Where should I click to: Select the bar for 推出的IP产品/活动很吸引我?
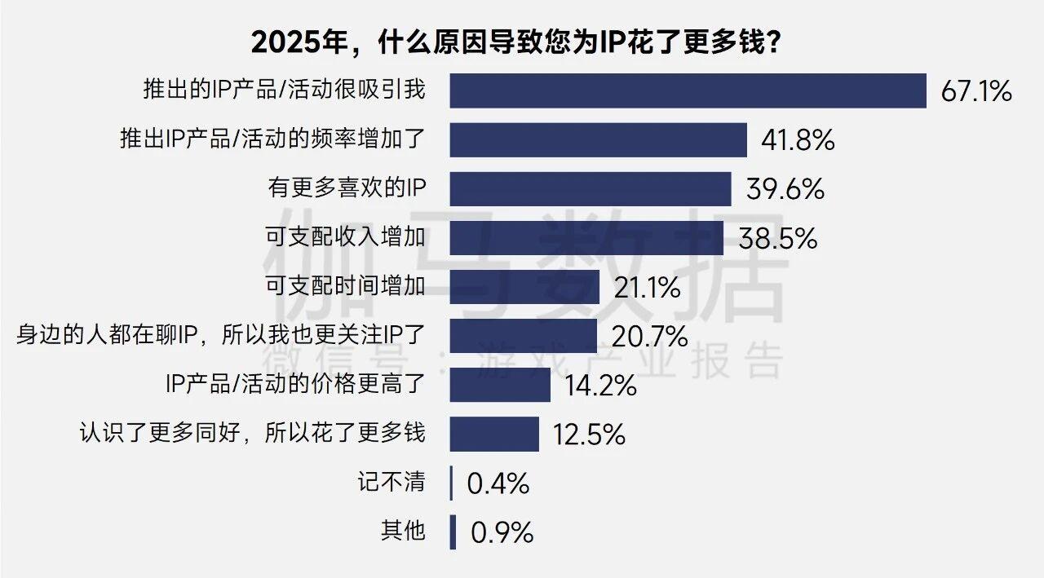(x=688, y=90)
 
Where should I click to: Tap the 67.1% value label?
(x=976, y=91)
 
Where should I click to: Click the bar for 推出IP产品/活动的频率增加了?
(x=598, y=140)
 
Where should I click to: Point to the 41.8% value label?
(x=798, y=140)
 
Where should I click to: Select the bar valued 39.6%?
(x=590, y=189)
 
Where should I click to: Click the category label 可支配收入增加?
(x=346, y=237)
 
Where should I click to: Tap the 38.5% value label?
(x=777, y=238)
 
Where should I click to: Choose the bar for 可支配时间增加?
(x=524, y=287)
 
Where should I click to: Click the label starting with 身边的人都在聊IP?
(x=221, y=334)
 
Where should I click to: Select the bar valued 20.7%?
(x=523, y=336)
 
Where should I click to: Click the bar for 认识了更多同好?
(x=494, y=434)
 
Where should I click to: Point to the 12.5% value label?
(x=589, y=434)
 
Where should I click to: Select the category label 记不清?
(x=391, y=482)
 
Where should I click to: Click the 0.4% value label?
(x=498, y=483)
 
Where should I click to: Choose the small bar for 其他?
(x=453, y=532)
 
